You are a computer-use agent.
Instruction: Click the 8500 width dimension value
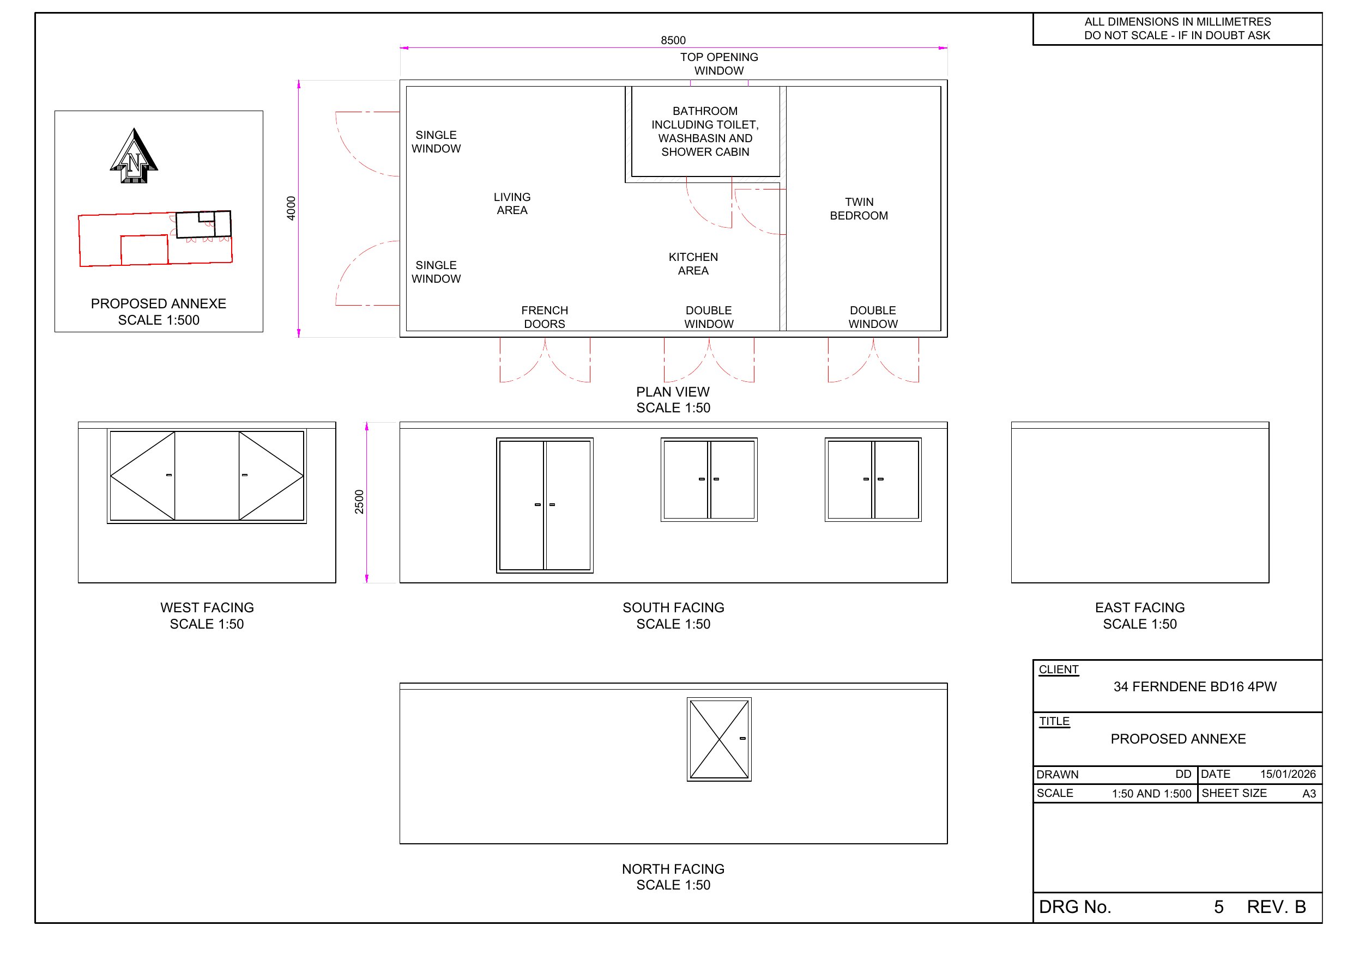pos(673,40)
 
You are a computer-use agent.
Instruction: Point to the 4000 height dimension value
pos(291,209)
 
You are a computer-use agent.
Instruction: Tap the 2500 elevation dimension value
pos(359,502)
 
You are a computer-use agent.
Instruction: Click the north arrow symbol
pos(134,157)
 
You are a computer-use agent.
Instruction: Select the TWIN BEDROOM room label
pos(859,209)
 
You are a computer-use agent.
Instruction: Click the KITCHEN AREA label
pos(693,263)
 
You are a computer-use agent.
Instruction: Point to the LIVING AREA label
pos(511,203)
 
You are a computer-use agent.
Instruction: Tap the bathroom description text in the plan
pos(705,131)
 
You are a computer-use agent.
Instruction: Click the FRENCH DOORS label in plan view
pos(544,317)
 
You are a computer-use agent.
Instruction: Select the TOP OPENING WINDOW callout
pos(718,64)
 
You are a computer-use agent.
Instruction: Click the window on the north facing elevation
pos(719,739)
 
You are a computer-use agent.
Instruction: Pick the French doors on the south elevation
pos(545,505)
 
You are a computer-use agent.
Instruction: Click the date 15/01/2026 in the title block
pos(1288,774)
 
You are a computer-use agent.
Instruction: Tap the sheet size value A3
pos(1309,794)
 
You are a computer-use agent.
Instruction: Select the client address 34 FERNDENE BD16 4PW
pos(1194,686)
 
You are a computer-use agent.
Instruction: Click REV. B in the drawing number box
pos(1276,906)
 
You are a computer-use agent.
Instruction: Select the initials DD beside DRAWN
pos(1183,774)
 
